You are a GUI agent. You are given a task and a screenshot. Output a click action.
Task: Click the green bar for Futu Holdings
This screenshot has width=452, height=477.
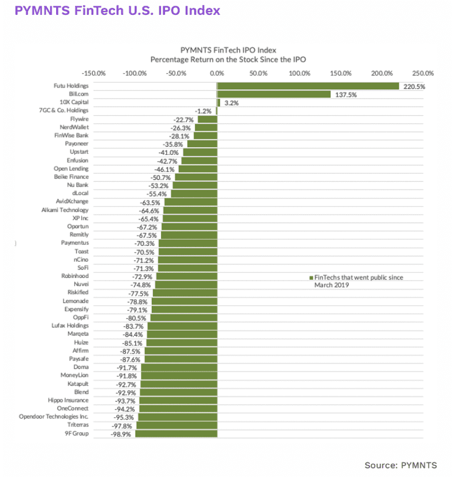[x=308, y=86]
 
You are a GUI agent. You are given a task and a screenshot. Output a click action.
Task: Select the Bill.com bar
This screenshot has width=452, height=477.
[x=274, y=94]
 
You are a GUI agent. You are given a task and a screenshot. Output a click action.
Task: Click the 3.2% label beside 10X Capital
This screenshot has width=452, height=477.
[x=230, y=103]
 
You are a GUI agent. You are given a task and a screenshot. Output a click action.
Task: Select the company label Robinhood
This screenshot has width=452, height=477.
[x=76, y=276]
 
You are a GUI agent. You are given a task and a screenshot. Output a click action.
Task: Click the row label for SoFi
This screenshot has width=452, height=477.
[x=81, y=268]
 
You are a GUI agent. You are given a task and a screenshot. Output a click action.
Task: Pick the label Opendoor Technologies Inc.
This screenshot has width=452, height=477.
[x=54, y=417]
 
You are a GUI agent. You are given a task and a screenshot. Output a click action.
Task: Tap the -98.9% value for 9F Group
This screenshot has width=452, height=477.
[x=120, y=435]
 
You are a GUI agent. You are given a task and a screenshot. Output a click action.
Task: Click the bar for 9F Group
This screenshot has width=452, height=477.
[x=176, y=434]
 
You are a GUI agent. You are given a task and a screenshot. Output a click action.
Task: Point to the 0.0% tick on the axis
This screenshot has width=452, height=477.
[x=217, y=73]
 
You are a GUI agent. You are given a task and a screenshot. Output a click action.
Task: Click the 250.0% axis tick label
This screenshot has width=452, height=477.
[x=423, y=73]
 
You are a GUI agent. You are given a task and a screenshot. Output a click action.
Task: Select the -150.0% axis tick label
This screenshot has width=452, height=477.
[x=93, y=73]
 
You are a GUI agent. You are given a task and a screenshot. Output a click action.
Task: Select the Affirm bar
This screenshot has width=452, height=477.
[x=180, y=351]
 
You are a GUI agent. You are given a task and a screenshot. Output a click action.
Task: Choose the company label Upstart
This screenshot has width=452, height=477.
[x=79, y=152]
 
